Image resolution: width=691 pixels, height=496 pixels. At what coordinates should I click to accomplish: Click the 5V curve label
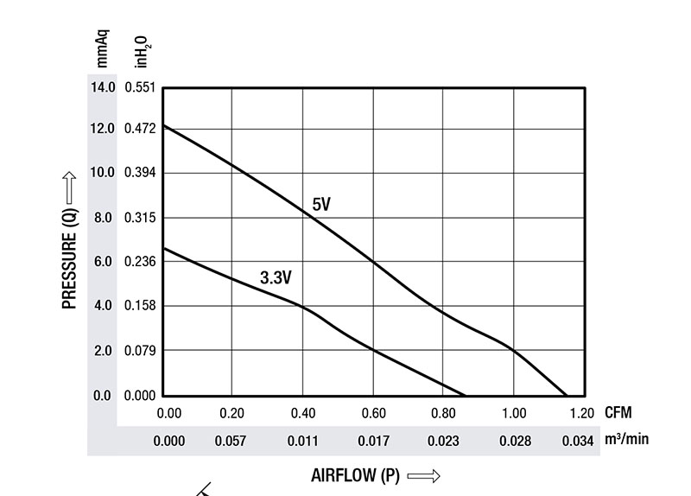pos(321,205)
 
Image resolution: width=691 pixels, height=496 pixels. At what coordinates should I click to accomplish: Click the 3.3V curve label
pos(276,277)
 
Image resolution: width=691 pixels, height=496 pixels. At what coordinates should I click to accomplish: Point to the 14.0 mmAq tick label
pos(102,87)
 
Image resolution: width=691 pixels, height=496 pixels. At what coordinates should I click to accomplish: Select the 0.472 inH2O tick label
pos(139,129)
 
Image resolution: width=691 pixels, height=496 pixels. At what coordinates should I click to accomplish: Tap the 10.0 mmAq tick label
pos(102,173)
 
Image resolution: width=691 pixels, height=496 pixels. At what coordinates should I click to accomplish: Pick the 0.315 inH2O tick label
pos(139,218)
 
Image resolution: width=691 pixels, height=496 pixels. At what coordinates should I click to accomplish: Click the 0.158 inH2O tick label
pos(139,306)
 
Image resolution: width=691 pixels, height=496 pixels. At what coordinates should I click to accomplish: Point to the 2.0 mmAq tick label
pos(103,351)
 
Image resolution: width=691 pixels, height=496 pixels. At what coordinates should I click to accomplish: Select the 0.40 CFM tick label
pos(302,413)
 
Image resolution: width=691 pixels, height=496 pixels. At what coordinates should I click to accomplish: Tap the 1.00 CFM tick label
pos(514,413)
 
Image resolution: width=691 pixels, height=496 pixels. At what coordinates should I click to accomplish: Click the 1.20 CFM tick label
pos(582,413)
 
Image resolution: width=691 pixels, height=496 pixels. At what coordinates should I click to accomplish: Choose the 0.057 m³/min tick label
pos(231,441)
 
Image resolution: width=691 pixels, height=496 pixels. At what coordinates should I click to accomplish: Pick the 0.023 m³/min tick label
pos(443,441)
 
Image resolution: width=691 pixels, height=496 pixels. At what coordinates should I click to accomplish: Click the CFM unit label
pos(618,413)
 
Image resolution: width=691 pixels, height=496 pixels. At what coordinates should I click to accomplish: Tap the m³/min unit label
pos(626,440)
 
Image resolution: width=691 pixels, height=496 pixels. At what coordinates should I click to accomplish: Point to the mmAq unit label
pos(102,48)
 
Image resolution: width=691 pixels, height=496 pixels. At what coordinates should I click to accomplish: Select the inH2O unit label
pos(141,50)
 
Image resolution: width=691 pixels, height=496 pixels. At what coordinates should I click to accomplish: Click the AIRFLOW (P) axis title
pos(355,475)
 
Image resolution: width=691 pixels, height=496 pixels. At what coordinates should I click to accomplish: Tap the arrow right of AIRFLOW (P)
pos(423,475)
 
